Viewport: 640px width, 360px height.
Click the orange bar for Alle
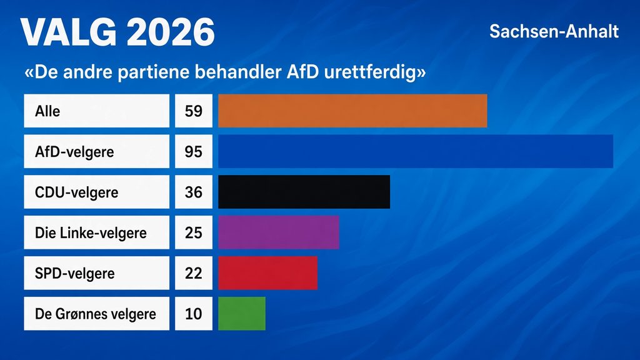tap(352, 111)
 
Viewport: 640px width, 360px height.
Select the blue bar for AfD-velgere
tap(416, 151)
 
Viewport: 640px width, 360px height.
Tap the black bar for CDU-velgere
tap(304, 192)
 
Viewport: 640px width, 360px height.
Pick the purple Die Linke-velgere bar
tap(278, 232)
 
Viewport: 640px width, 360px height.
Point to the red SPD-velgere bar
tap(267, 273)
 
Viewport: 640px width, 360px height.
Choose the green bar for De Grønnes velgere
tap(242, 314)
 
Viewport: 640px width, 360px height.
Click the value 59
tap(194, 111)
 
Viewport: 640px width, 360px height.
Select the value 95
tap(194, 152)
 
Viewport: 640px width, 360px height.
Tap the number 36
tap(194, 192)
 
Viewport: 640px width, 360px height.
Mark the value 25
tap(194, 232)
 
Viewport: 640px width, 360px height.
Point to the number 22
tap(194, 273)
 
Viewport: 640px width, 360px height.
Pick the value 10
tap(194, 314)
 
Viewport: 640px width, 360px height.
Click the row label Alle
tap(47, 111)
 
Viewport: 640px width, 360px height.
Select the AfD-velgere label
tap(74, 152)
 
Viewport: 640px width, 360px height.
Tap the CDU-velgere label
tap(76, 192)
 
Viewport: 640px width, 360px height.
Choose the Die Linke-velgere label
tap(91, 232)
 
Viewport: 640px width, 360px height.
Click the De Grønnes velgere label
tap(96, 314)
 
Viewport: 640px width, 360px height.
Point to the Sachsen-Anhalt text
tap(554, 31)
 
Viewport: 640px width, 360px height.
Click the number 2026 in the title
tap(170, 32)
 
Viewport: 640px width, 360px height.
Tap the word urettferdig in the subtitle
tap(375, 72)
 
